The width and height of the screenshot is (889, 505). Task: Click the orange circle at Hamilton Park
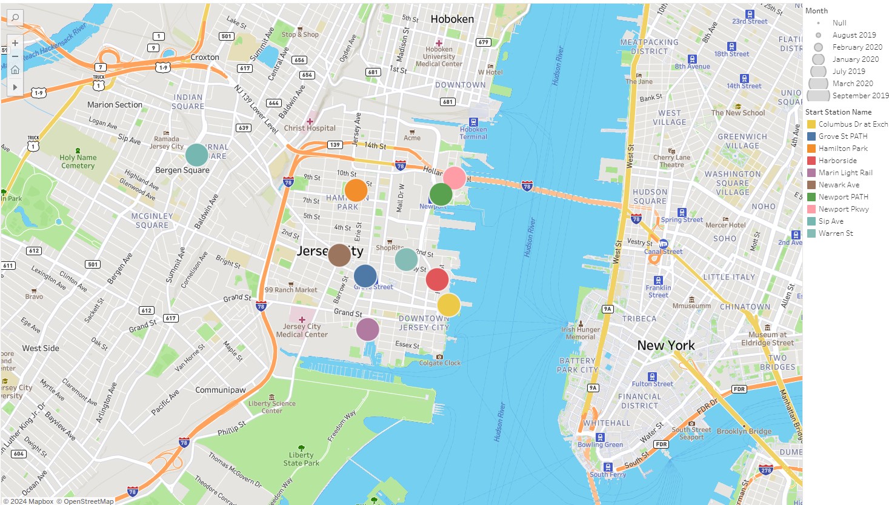pos(356,190)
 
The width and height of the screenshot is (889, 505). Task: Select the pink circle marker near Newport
pos(454,178)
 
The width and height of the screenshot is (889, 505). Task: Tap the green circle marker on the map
pos(441,194)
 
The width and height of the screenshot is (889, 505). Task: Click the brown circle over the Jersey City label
pos(339,255)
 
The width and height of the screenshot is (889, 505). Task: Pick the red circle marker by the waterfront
pos(437,279)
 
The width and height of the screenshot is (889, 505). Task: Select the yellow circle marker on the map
pos(448,304)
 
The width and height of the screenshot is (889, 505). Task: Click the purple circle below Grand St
pos(367,329)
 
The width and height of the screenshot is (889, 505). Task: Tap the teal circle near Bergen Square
pos(196,155)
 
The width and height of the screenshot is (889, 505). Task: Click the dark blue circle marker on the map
pos(365,276)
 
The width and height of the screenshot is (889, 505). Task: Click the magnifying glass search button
pos(15,18)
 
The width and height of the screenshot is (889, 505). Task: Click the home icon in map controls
pos(15,70)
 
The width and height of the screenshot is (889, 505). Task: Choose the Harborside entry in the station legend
pos(837,161)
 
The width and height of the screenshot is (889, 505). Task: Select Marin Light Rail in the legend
pos(845,173)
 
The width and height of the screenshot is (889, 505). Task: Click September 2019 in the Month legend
pos(860,96)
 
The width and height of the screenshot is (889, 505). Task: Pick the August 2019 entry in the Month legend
pos(854,35)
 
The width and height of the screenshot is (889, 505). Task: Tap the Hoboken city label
pos(452,19)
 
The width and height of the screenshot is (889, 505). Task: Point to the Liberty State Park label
pos(301,459)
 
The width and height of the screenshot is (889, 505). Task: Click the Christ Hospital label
pos(310,128)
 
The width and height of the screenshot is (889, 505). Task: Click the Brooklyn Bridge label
pos(744,432)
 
